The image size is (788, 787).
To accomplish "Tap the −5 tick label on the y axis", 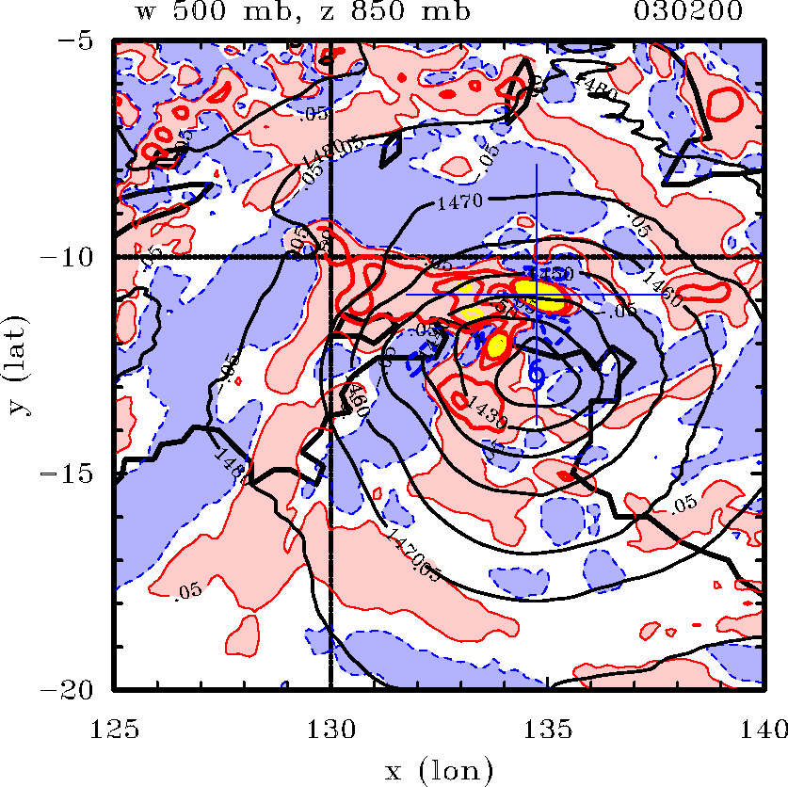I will click(x=79, y=42).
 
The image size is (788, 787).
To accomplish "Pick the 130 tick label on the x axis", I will click(x=330, y=728).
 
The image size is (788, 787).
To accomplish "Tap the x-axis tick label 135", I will click(x=547, y=728).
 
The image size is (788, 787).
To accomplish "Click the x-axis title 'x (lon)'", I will click(x=439, y=772).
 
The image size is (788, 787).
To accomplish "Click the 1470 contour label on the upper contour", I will click(x=460, y=201).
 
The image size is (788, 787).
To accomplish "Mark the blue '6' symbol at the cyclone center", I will click(x=536, y=374).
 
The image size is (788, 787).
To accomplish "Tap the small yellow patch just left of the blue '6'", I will click(x=497, y=343).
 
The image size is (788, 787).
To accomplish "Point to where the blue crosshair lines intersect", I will click(x=536, y=295).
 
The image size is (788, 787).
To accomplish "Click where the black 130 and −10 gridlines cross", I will click(x=330, y=257).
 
